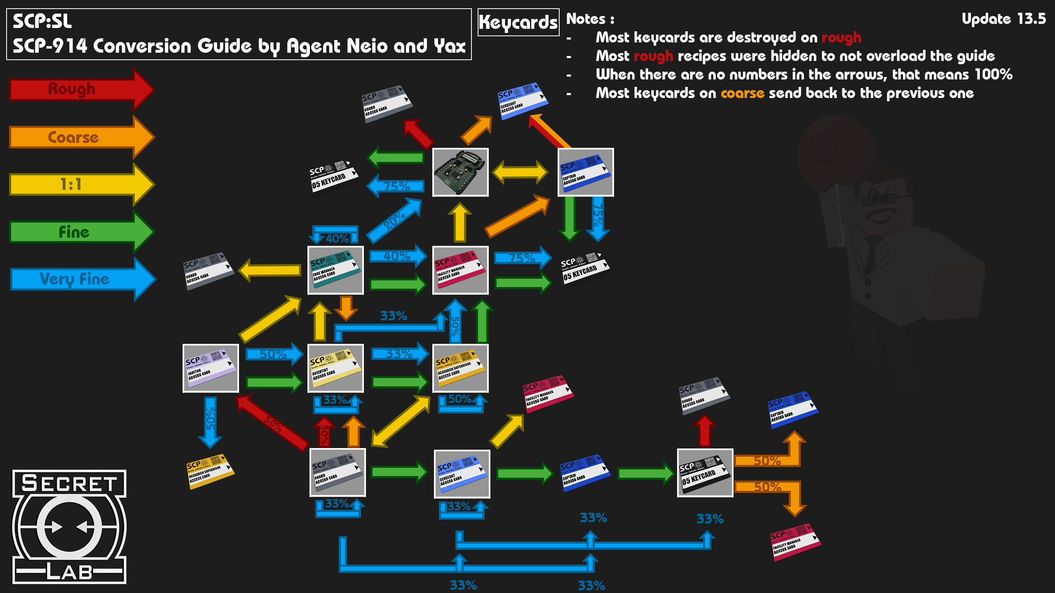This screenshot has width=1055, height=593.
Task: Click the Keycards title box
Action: [518, 22]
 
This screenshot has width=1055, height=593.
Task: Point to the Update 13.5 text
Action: [1003, 19]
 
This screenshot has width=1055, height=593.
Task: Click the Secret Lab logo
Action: [69, 527]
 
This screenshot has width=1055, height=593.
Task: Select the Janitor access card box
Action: [211, 368]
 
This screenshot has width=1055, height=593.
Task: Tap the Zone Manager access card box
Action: [335, 270]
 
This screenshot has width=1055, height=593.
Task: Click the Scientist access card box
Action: [335, 368]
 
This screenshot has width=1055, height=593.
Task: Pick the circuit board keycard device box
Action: [460, 172]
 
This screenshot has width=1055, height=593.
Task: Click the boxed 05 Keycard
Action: [705, 473]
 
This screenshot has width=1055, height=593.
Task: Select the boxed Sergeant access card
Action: [462, 474]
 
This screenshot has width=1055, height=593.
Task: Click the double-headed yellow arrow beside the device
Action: [520, 172]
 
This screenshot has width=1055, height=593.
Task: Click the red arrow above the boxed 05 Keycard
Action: [705, 430]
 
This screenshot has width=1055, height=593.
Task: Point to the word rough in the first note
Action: [841, 37]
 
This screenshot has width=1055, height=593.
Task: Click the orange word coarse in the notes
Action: [742, 93]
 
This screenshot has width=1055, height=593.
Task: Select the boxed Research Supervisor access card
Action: [460, 368]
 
